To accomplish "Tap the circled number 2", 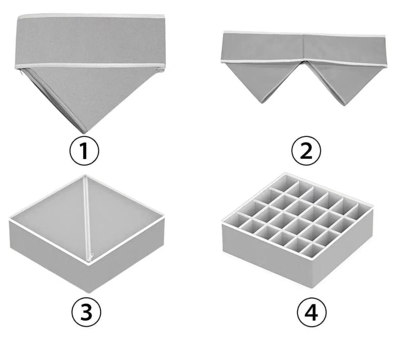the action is pos(306,151).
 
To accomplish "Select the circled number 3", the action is pos(86,312).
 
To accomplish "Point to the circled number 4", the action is pos(311,312).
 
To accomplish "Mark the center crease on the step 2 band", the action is pos(304,48).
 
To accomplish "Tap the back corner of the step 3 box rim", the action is pos(85,176).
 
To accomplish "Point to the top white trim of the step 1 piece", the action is pos(91,16).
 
